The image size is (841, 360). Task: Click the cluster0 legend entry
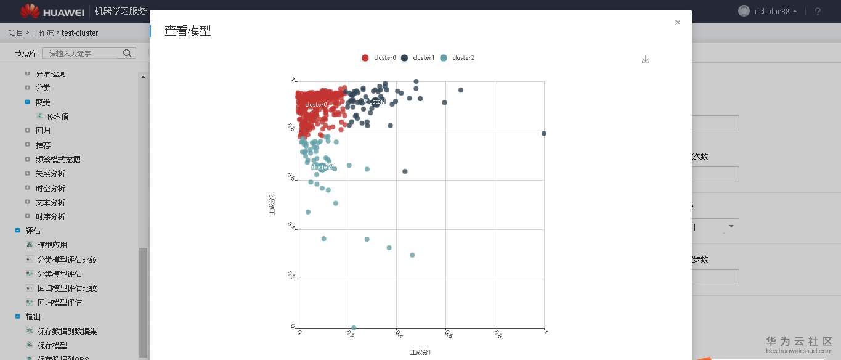click(379, 58)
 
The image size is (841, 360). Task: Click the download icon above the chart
click(645, 60)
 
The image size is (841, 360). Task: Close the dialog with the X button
click(678, 22)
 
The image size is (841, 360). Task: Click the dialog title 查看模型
click(187, 31)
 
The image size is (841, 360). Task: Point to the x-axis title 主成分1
click(420, 353)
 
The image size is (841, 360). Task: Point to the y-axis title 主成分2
click(272, 205)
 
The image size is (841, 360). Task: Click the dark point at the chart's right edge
click(544, 133)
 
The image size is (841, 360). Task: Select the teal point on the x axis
click(354, 328)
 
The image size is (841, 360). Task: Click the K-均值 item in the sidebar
click(58, 117)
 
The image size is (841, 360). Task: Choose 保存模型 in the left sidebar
click(52, 346)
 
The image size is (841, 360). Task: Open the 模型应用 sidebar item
click(52, 245)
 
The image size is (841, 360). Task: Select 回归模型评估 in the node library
click(59, 303)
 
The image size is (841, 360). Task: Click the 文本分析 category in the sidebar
click(51, 203)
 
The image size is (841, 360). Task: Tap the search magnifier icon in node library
click(128, 54)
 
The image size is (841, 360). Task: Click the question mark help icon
click(818, 12)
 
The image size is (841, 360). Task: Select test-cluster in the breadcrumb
click(79, 33)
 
